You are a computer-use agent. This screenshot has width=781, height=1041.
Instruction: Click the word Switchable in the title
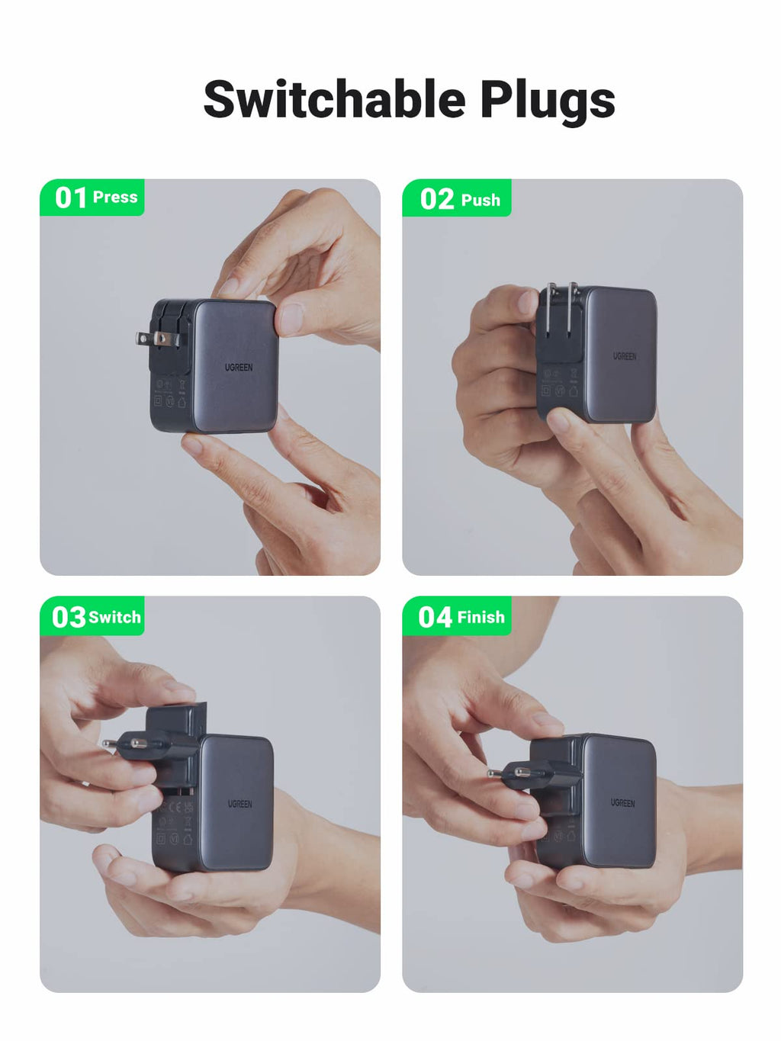(x=334, y=99)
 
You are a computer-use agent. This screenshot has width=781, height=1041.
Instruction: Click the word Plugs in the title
(x=547, y=101)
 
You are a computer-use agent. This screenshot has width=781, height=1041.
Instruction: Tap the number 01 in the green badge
(x=70, y=198)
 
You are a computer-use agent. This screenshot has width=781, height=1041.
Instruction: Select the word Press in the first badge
(x=115, y=198)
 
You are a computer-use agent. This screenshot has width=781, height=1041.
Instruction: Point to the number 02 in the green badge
(x=437, y=200)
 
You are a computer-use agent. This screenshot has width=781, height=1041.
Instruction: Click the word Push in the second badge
(x=480, y=201)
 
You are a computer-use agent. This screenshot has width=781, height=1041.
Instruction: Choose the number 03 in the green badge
(x=69, y=617)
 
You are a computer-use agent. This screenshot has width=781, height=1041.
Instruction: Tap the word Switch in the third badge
(x=115, y=617)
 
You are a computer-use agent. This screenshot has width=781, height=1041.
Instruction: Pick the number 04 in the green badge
(x=435, y=617)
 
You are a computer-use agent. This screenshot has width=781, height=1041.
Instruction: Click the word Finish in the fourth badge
(x=481, y=617)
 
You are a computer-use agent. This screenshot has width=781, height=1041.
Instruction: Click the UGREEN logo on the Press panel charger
(x=239, y=368)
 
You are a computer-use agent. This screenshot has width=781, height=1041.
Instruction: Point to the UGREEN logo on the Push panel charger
(x=625, y=356)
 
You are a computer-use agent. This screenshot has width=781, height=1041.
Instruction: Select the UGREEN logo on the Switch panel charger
(x=239, y=804)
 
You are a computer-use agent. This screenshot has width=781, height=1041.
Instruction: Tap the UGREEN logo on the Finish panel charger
(x=623, y=803)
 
